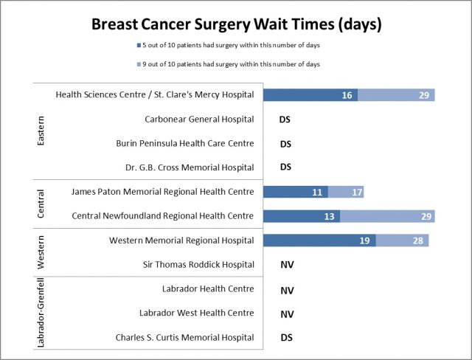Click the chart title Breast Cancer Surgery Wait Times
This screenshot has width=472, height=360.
(x=236, y=24)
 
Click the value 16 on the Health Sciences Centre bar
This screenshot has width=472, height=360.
(x=347, y=95)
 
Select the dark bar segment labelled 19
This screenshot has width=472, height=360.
(x=319, y=240)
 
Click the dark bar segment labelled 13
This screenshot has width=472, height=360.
(x=302, y=216)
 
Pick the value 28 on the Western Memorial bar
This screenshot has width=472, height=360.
(x=417, y=240)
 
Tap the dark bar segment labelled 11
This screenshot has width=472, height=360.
(x=296, y=192)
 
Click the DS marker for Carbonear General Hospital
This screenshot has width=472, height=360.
(x=286, y=120)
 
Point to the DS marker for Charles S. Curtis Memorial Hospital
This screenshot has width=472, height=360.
(x=286, y=338)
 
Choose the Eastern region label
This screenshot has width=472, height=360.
(x=41, y=131)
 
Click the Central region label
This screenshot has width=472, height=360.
(x=41, y=204)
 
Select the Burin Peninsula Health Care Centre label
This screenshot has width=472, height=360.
(x=185, y=143)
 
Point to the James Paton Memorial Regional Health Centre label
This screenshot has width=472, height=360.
(x=163, y=192)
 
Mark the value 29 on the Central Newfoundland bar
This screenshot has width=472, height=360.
(x=423, y=216)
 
